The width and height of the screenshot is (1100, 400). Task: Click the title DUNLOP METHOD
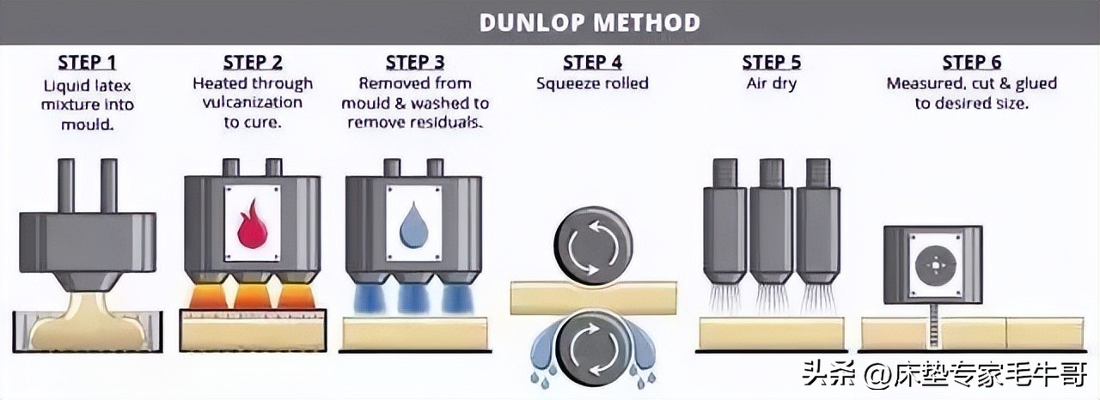(x=590, y=21)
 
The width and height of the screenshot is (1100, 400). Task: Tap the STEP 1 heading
(x=86, y=63)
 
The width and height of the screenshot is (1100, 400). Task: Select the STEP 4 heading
(x=591, y=63)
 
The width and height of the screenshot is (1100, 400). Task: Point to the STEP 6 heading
(x=971, y=63)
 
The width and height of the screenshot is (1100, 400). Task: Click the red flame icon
(x=252, y=225)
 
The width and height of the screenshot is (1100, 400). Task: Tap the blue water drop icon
(x=413, y=225)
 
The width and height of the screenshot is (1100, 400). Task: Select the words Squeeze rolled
(x=592, y=84)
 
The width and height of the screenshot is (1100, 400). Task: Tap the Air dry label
(x=771, y=84)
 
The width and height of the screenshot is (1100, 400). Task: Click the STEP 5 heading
(x=771, y=63)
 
